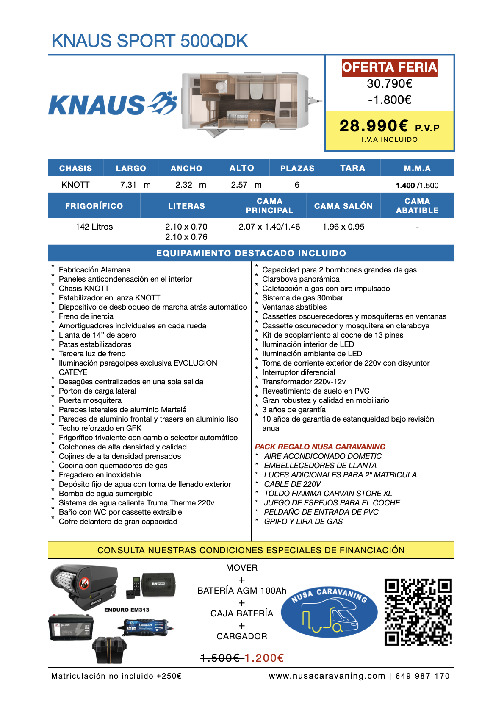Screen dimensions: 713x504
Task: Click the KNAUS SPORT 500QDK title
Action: [150, 41]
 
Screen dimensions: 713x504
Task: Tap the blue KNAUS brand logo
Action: [113, 104]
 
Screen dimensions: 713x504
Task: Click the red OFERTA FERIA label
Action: [389, 67]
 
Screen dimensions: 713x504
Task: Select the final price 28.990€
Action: [374, 126]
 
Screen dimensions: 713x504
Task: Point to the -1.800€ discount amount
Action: [389, 100]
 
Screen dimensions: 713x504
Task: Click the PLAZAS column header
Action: [297, 168]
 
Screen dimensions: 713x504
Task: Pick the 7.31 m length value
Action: [135, 185]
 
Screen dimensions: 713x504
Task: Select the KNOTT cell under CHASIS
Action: [75, 185]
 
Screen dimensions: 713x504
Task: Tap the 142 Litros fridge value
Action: [94, 227]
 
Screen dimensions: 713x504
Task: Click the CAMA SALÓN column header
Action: [343, 206]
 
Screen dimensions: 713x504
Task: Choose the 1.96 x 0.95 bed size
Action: [343, 227]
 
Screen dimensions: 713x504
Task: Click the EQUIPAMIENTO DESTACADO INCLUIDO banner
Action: [251, 253]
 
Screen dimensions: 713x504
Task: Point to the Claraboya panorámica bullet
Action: [301, 279]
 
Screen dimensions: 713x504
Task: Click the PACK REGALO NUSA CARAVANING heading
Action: [320, 447]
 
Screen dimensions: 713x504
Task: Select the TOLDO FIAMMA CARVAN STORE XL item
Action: [328, 494]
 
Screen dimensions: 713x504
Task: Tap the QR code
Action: [418, 612]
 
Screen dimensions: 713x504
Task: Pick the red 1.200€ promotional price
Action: [264, 658]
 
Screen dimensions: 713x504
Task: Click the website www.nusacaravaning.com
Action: [327, 676]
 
